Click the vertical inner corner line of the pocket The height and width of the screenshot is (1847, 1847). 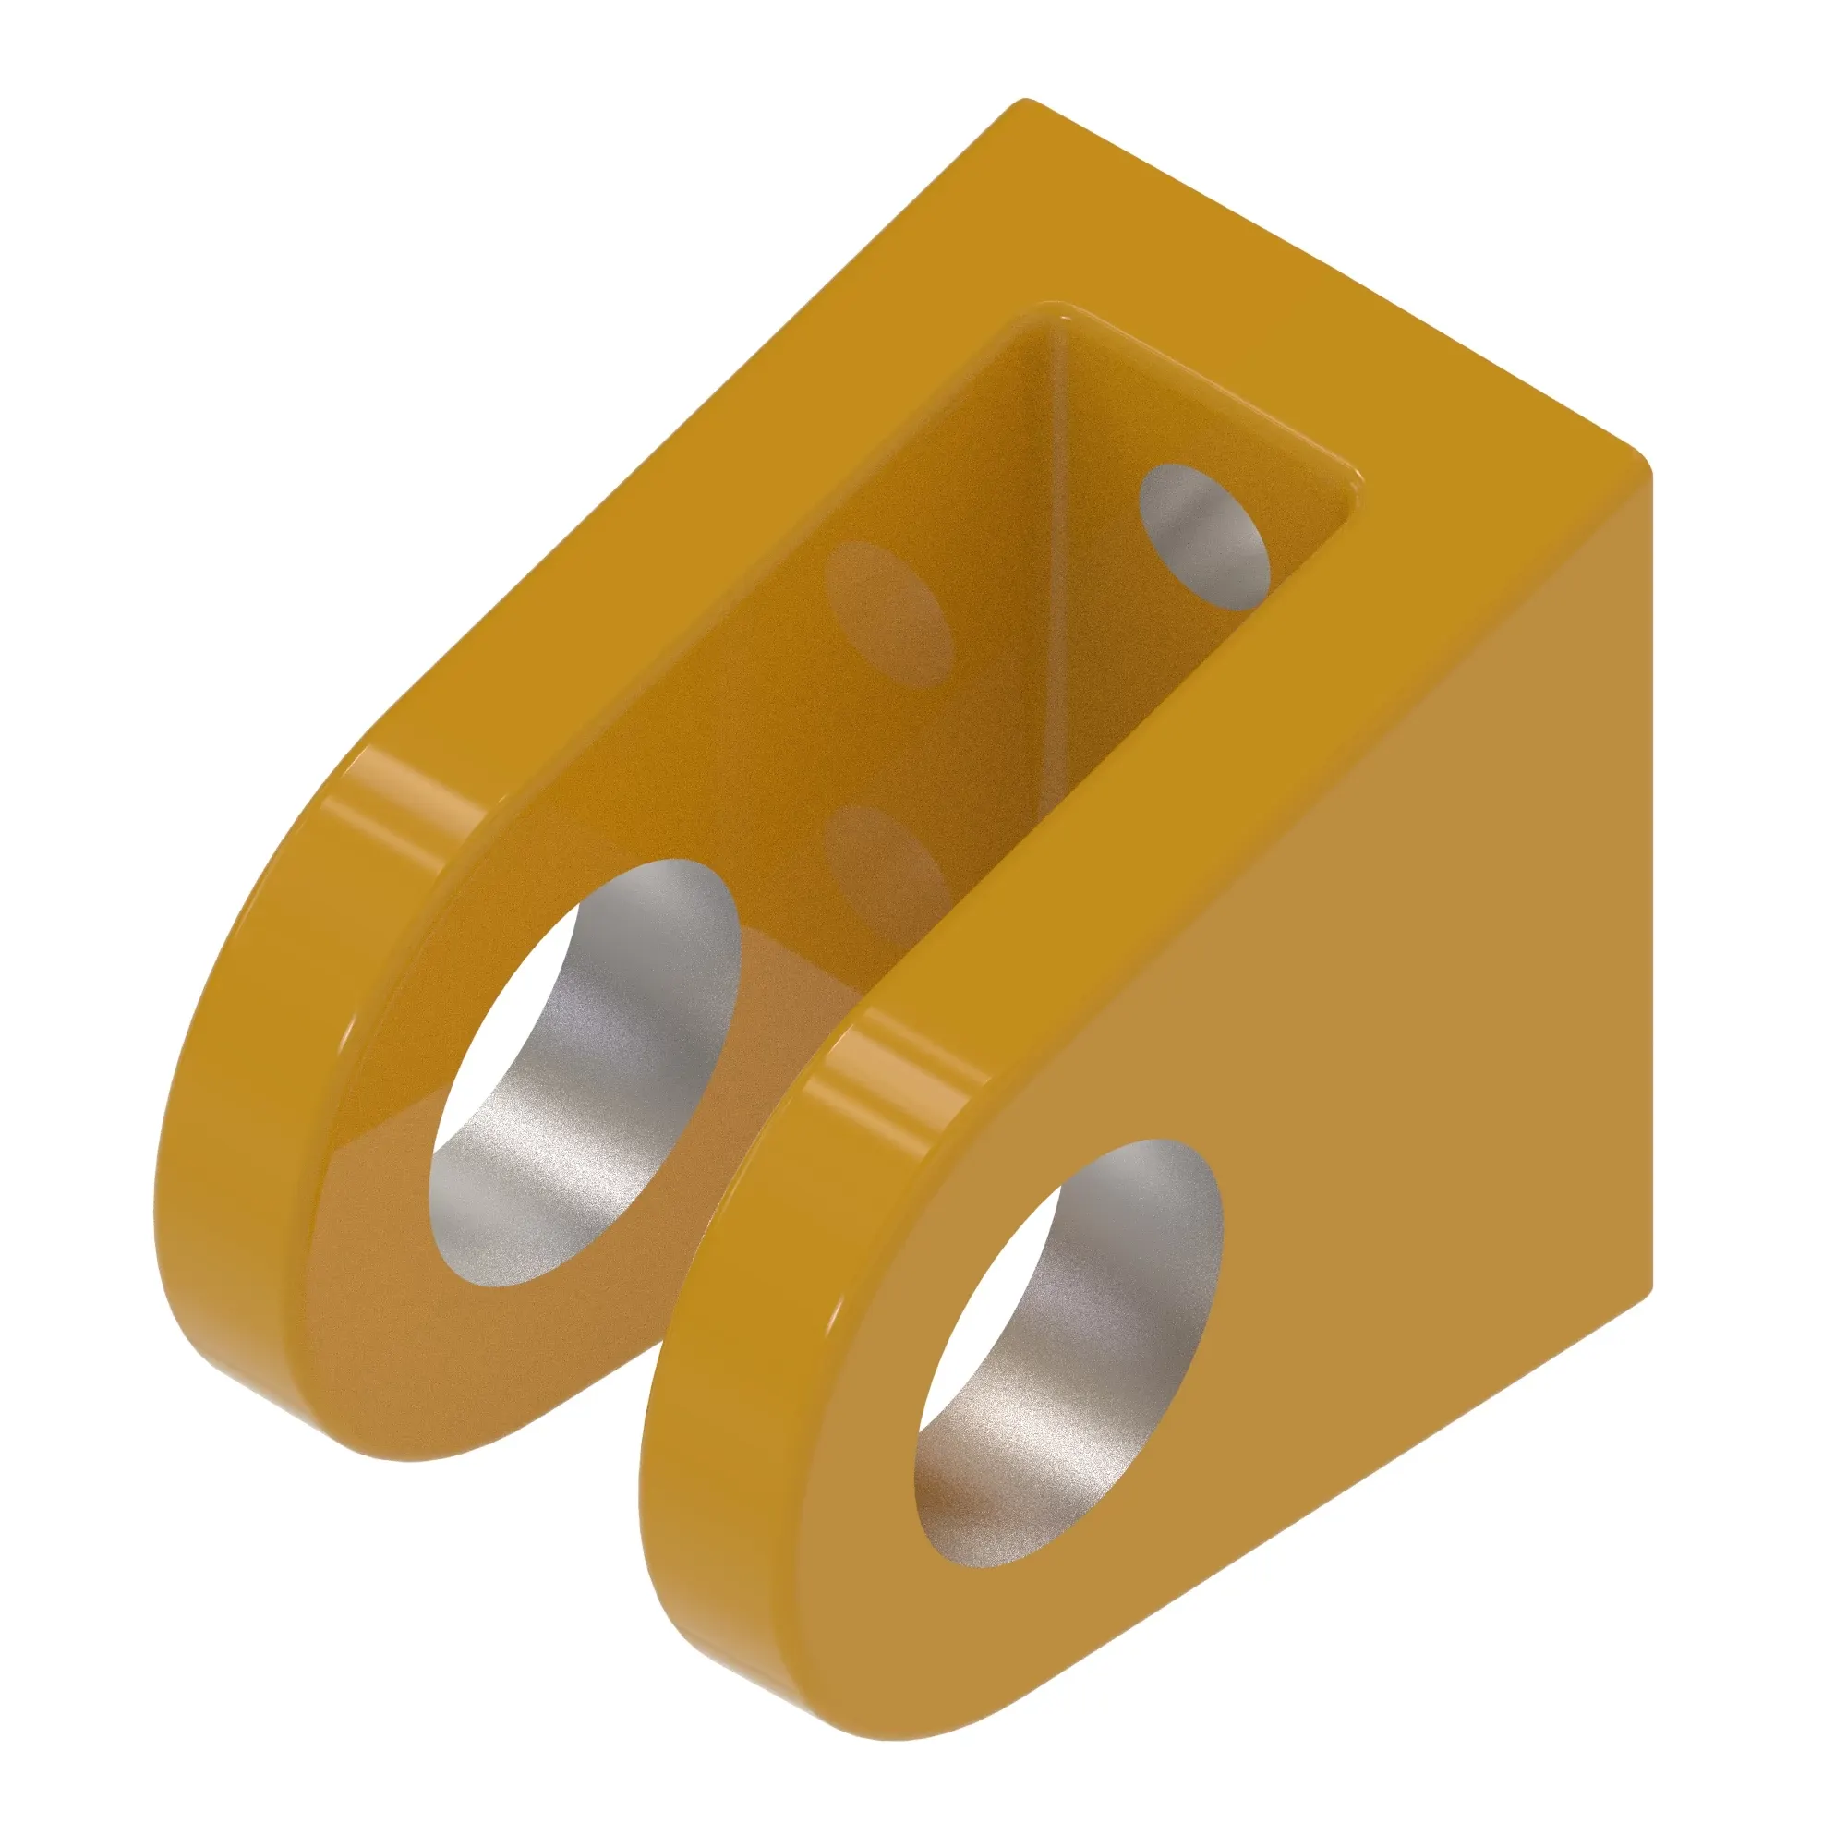coord(1058,573)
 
